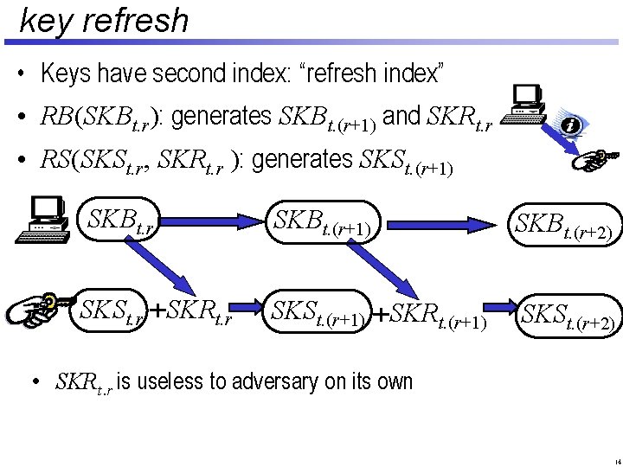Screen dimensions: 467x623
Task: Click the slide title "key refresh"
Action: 103,20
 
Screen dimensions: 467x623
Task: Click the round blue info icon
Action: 569,125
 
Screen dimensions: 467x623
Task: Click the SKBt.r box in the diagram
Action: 124,222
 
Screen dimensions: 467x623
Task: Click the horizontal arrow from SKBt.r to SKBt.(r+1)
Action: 215,223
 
